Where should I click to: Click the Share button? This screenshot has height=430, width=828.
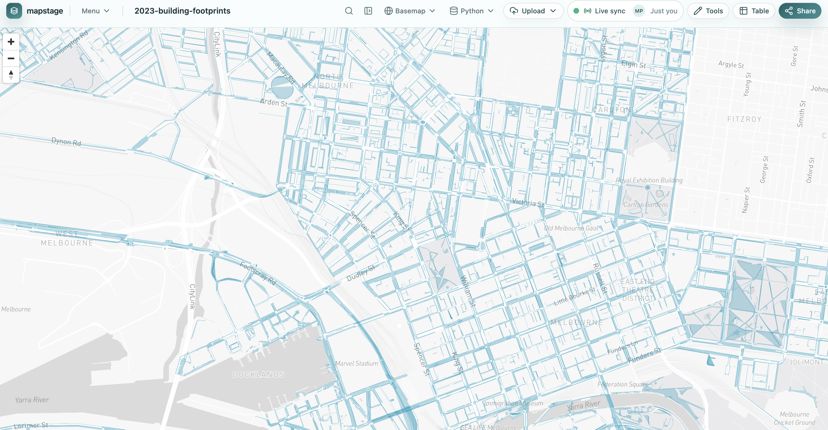point(800,11)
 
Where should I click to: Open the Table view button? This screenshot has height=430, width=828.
point(754,11)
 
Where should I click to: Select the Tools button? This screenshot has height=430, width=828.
point(708,11)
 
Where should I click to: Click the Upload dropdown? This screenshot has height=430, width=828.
point(533,11)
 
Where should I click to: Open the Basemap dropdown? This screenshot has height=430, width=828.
point(410,11)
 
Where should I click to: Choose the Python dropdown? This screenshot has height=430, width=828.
point(471,11)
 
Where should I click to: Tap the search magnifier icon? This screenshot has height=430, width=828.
point(349,11)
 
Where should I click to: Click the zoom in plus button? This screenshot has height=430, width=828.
point(11,42)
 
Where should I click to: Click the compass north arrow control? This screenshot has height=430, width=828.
point(11,75)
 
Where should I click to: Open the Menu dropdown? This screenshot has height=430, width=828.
point(96,11)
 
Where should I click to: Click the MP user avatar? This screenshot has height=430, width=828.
point(639,11)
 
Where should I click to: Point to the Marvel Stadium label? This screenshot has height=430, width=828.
point(357,363)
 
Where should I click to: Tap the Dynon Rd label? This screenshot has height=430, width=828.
point(66,142)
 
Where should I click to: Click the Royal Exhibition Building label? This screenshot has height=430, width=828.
point(649,180)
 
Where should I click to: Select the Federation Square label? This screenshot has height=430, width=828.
point(622,384)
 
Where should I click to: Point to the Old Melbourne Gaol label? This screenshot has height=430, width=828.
point(571,228)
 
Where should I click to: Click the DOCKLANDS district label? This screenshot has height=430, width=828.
point(259,374)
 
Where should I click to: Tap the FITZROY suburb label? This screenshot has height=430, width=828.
point(744,119)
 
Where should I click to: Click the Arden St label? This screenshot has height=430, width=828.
point(273,103)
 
